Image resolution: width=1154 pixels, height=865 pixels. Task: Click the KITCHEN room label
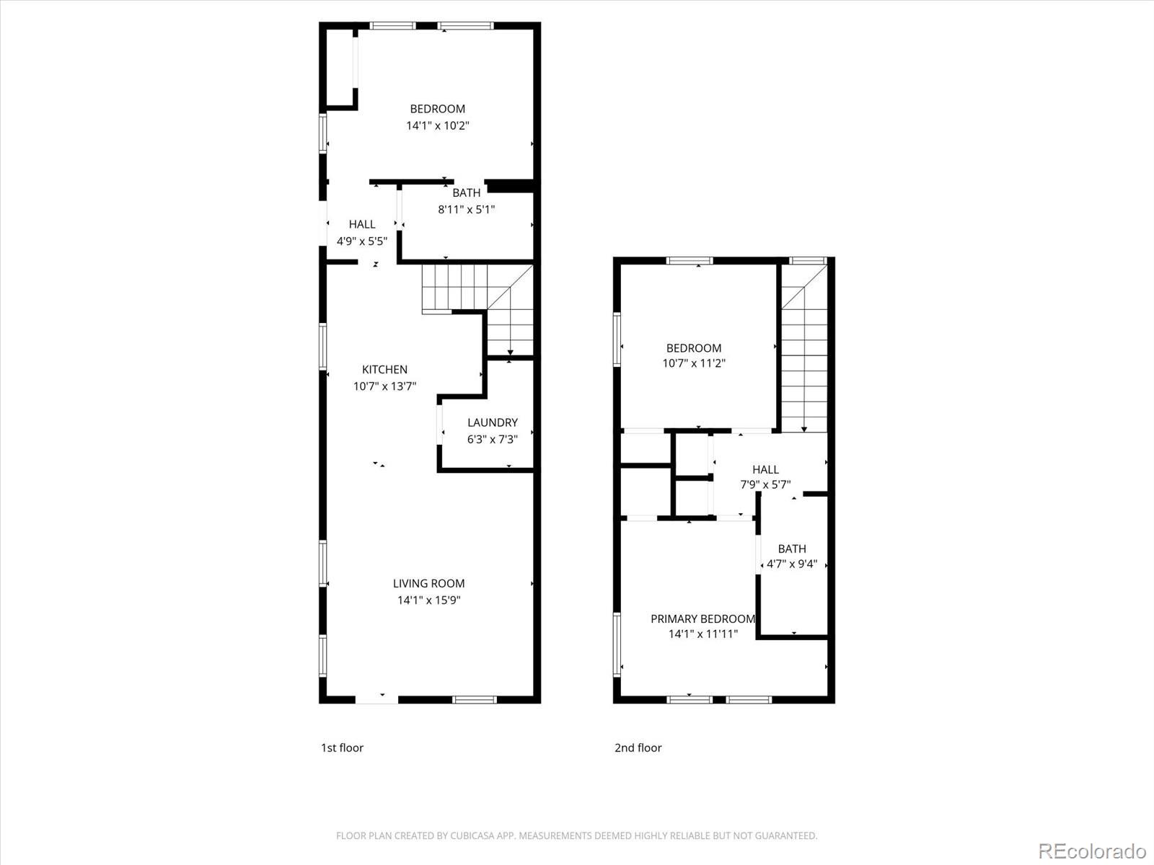tap(384, 370)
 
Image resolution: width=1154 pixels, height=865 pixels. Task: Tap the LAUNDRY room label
tap(492, 423)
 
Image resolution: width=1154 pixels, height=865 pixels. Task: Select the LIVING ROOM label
tap(428, 583)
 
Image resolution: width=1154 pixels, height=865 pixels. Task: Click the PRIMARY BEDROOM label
tap(702, 618)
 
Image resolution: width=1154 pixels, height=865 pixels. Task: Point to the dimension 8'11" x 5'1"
tap(466, 210)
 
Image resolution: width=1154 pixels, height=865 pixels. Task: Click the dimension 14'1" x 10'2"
tap(437, 125)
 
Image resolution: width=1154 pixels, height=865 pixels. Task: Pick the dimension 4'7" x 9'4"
tap(791, 564)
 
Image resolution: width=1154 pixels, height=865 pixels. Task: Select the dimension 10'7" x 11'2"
tap(693, 364)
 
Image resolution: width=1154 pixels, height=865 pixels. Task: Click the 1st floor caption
tap(342, 748)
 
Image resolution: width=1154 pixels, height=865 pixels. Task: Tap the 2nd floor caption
tap(638, 748)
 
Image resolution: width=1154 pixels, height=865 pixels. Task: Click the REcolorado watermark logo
tap(1091, 851)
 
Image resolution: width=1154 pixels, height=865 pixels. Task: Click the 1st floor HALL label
tap(361, 224)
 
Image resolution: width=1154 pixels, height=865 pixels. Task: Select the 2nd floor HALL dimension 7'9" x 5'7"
tap(765, 485)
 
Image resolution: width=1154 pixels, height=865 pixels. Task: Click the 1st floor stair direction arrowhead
tap(510, 351)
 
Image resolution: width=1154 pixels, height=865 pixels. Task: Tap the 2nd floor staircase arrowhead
tap(803, 429)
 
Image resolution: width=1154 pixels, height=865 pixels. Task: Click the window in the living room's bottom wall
tap(475, 699)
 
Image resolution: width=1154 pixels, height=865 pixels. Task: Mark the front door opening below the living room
tap(376, 698)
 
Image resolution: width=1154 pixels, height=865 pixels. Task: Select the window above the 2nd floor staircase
tap(808, 260)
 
